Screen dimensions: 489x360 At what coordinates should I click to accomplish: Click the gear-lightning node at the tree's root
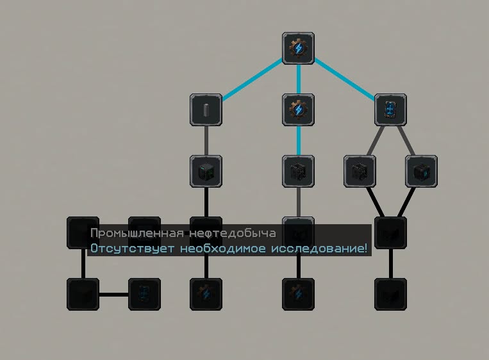pos(298,48)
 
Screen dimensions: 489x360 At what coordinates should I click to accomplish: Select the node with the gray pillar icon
pos(206,110)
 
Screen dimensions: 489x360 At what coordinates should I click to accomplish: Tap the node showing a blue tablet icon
pos(390,110)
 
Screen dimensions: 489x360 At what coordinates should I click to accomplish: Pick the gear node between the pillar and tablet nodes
pos(298,110)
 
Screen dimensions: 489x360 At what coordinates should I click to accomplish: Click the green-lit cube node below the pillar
pos(206,171)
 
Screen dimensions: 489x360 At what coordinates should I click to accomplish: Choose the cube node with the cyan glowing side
pos(421,171)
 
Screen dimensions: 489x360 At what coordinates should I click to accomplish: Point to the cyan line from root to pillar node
pos(252,79)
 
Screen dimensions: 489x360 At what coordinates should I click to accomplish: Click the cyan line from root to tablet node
pos(344,79)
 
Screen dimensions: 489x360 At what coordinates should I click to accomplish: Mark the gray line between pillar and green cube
pos(206,140)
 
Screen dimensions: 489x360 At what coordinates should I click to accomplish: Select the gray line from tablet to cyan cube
pos(406,140)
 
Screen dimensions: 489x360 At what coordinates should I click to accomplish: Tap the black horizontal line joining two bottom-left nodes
pos(114,294)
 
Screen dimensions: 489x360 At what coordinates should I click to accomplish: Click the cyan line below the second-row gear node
pos(299,140)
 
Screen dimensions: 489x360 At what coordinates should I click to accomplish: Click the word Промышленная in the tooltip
pos(137,233)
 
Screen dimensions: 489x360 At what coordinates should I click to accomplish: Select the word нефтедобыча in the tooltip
pos(233,233)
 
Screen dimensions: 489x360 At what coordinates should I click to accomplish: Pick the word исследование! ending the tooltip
pos(319,249)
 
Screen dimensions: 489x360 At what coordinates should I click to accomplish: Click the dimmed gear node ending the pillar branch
pos(206,294)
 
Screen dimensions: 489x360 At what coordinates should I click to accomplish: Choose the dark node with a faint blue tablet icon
pos(144,294)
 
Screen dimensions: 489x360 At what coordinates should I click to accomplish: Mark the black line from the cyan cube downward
pos(406,202)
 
